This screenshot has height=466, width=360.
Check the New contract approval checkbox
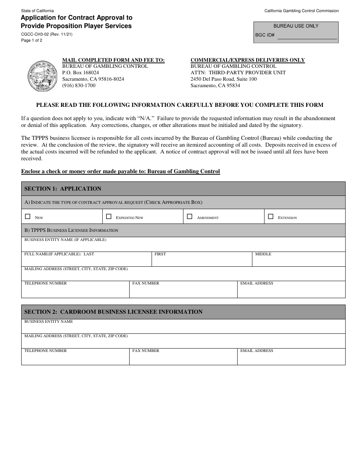point(27,217)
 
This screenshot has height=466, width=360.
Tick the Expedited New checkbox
point(109,217)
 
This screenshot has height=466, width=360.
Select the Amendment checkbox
point(189,217)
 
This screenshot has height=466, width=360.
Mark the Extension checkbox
point(271,217)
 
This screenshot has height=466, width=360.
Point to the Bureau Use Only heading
point(296,26)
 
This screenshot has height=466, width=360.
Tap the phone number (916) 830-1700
point(79,86)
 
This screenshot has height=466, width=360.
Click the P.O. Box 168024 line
point(80,73)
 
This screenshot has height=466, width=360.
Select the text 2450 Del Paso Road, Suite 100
point(223,79)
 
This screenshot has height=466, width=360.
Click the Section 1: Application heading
point(63,189)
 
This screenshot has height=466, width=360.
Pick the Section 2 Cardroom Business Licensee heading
point(113,312)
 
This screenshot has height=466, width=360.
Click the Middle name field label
point(263,254)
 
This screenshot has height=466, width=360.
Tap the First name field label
point(160,254)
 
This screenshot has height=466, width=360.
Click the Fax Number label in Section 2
point(146,351)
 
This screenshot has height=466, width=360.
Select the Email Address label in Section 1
point(257,283)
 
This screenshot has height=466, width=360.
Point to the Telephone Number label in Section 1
point(45,283)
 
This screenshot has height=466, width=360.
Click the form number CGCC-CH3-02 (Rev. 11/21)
point(47,34)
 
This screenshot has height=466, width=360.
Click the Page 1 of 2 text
point(32,40)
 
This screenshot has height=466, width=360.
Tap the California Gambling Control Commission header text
point(301,11)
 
